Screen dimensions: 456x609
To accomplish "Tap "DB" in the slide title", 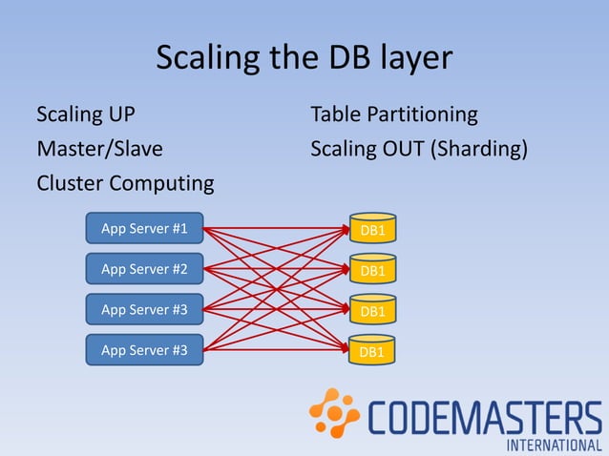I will [339, 57].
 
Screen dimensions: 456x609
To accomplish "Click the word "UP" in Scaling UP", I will [118, 115].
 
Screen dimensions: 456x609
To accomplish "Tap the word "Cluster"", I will [70, 182].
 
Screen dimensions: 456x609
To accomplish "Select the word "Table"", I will [336, 115].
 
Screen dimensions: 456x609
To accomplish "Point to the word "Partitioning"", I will [423, 116].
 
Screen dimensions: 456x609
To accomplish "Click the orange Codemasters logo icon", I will [334, 412].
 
